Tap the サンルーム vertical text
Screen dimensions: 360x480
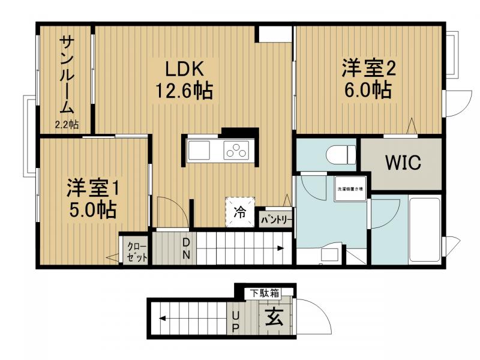(66, 75)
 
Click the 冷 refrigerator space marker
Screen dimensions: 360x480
(239, 212)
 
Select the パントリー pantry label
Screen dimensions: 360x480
(276, 220)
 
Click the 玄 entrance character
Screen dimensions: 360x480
(274, 317)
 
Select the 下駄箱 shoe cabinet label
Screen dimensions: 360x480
(265, 293)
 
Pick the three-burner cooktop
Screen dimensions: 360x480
(236, 150)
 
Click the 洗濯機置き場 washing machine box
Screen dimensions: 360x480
(349, 190)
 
